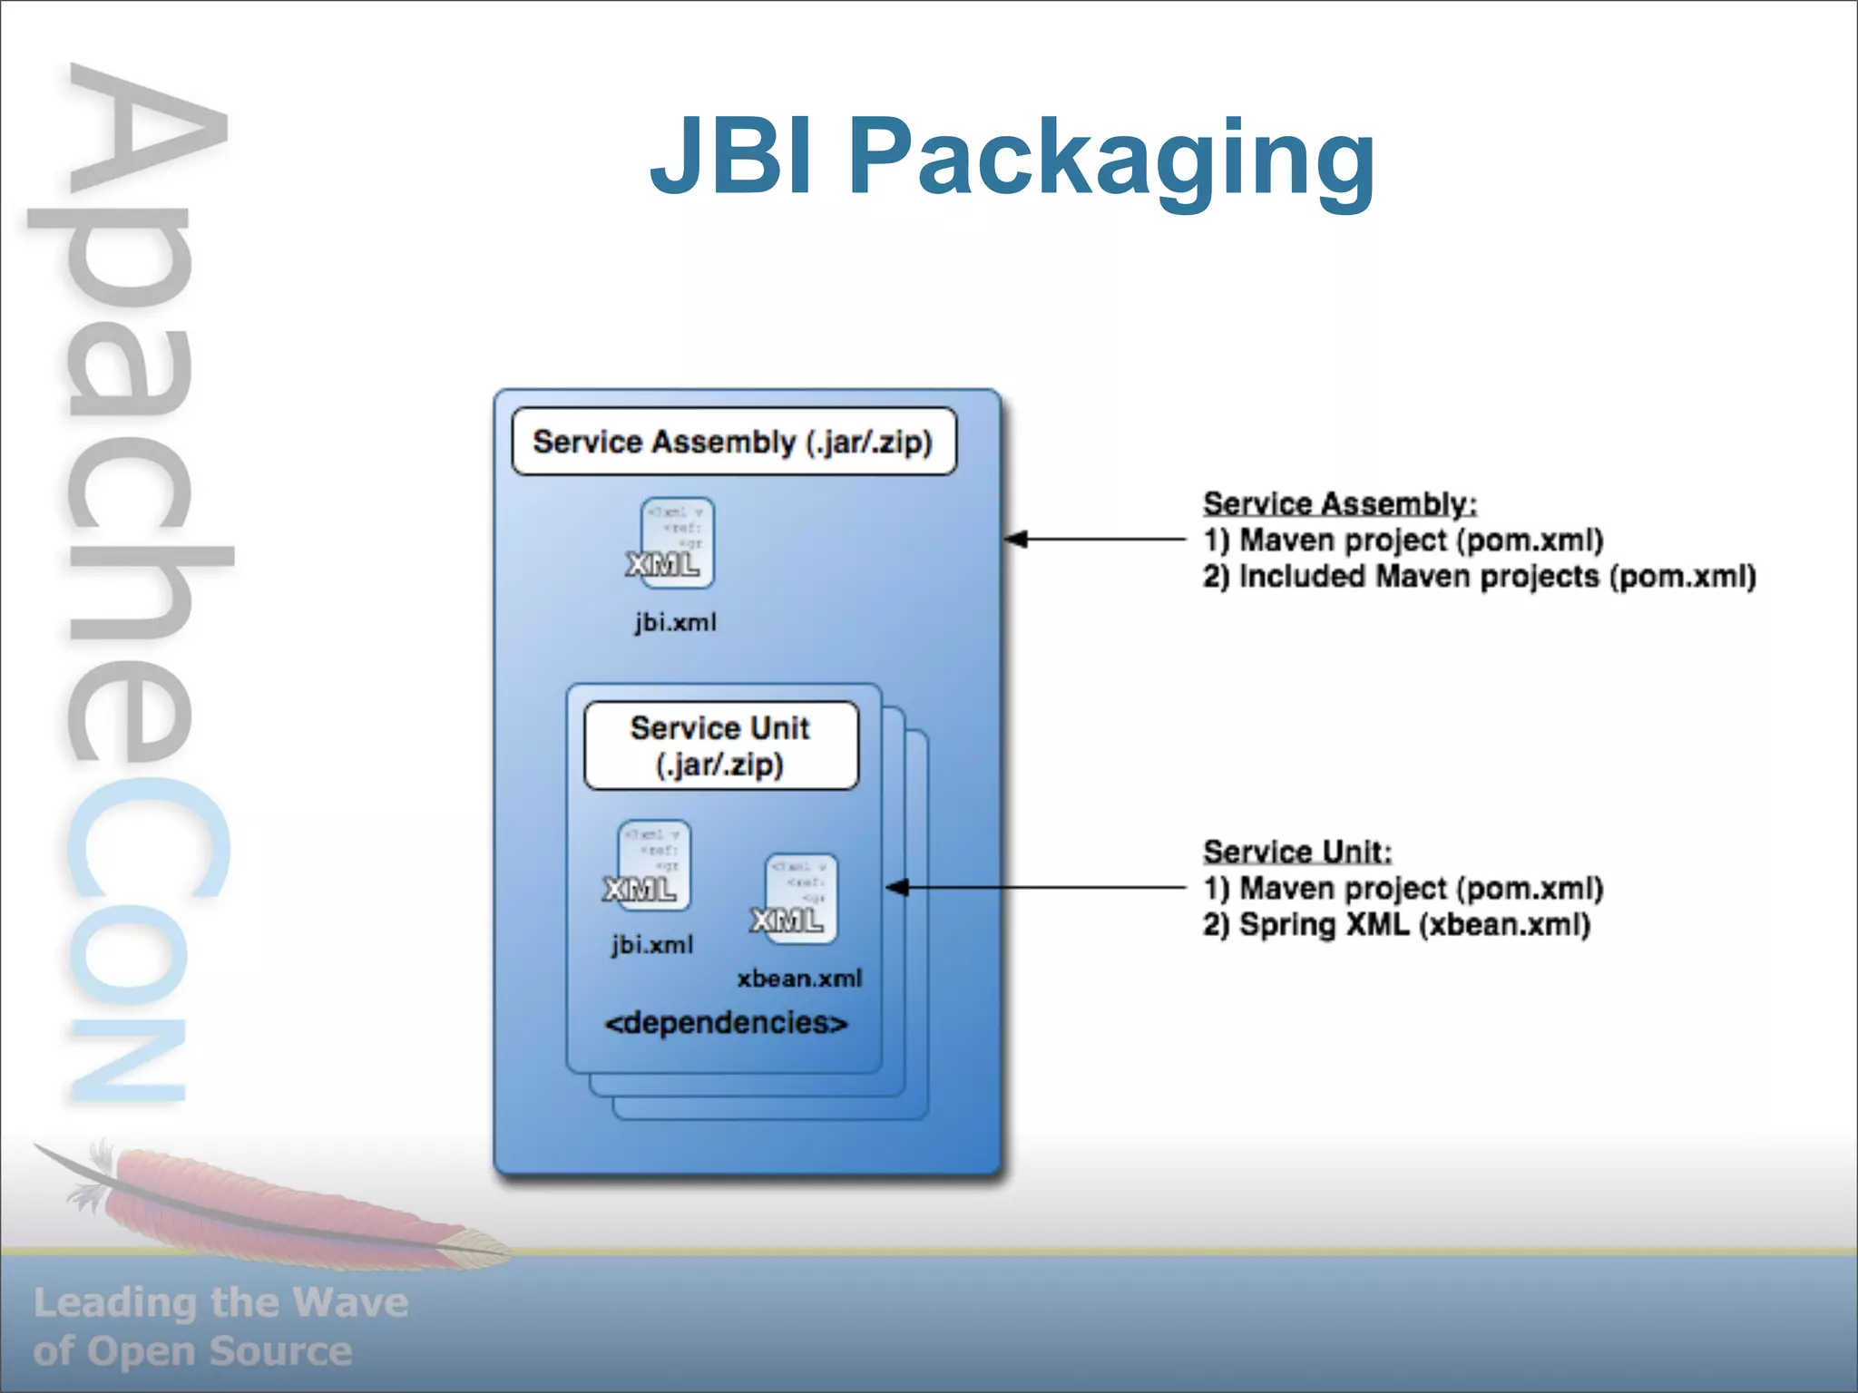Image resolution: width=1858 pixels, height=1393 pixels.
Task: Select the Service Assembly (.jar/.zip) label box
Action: [x=733, y=442]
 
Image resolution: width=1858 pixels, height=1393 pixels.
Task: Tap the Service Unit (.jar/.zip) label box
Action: [x=720, y=745]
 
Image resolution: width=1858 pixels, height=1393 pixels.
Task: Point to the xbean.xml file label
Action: [x=799, y=979]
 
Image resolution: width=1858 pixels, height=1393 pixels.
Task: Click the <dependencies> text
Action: [x=726, y=1023]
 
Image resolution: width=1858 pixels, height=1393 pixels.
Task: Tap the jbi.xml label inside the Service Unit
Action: [x=651, y=945]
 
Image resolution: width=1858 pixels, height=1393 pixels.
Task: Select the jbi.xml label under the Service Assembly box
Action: [x=675, y=622]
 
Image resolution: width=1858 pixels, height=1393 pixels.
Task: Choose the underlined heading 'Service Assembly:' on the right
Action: [x=1339, y=503]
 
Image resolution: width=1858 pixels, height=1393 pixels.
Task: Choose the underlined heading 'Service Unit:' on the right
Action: [x=1296, y=852]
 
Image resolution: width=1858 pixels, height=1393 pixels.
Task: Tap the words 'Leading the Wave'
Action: [x=220, y=1302]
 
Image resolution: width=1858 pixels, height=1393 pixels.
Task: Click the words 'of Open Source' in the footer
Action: [x=192, y=1351]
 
